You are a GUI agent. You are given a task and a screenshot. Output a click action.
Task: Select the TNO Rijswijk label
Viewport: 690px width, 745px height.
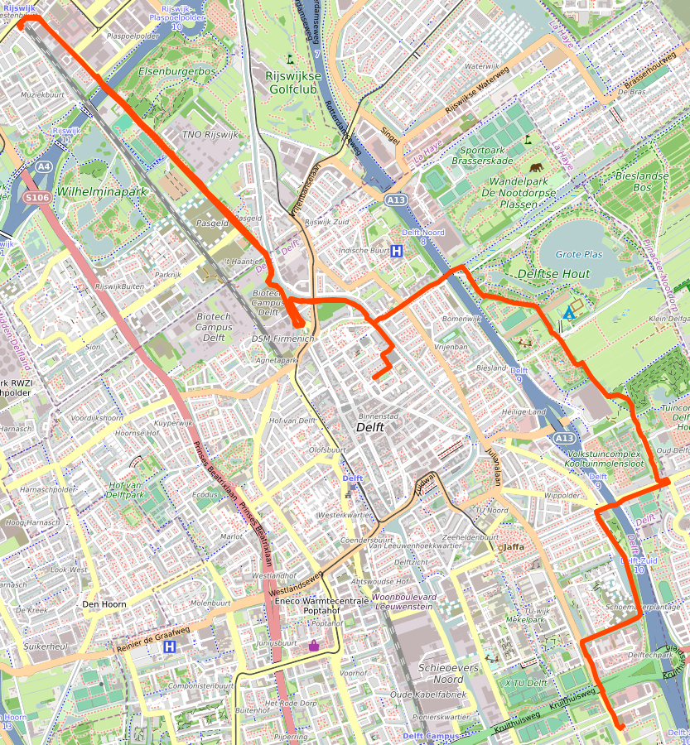coord(210,134)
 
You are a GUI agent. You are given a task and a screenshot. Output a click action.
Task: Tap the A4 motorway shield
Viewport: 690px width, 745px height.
coord(43,166)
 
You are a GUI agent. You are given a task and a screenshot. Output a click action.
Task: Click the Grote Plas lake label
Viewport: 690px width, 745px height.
coord(579,254)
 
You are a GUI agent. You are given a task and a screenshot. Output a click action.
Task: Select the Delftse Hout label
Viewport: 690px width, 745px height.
coord(553,274)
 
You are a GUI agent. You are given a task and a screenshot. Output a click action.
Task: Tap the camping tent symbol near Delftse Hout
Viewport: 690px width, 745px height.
coord(569,314)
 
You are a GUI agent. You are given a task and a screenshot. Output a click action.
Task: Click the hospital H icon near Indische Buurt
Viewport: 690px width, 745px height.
coord(398,252)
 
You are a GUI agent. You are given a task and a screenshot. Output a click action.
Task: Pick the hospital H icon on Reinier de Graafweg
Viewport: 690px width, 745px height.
coord(170,647)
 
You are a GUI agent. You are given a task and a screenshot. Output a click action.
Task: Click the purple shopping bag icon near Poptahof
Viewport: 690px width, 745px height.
coord(314,645)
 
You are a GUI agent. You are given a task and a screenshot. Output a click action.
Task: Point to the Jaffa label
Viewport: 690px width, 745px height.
coord(514,546)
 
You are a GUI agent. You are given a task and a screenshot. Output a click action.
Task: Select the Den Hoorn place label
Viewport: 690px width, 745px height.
coord(104,604)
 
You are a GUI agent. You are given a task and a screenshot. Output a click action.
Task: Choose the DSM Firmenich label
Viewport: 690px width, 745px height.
coord(282,339)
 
